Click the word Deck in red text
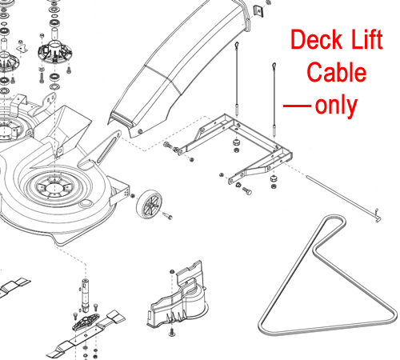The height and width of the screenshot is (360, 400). pyautogui.click(x=317, y=39)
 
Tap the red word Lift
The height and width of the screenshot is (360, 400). pyautogui.click(x=367, y=39)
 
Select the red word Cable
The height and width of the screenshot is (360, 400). pyautogui.click(x=337, y=72)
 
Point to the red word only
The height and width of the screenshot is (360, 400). pyautogui.click(x=336, y=106)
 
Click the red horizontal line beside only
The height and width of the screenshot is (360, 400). pyautogui.click(x=297, y=106)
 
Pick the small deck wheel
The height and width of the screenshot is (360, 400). pyautogui.click(x=149, y=203)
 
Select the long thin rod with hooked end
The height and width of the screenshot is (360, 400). pyautogui.click(x=344, y=198)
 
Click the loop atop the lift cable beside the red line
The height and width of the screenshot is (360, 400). pyautogui.click(x=274, y=66)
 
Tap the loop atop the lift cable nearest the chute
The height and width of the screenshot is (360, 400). pyautogui.click(x=237, y=45)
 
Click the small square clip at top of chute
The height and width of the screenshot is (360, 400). pyautogui.click(x=258, y=11)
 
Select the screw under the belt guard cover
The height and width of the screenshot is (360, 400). pyautogui.click(x=172, y=332)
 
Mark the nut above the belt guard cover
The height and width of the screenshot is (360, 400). pyautogui.click(x=172, y=271)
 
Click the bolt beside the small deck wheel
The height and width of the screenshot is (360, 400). pyautogui.click(x=167, y=215)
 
